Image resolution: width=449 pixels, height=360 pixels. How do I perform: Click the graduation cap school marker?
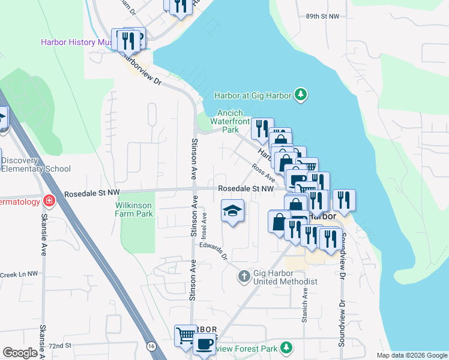point(233,211)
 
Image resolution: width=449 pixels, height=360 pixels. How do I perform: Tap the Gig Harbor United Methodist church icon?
point(243,277)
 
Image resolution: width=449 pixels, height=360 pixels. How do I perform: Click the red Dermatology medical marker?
point(49,201)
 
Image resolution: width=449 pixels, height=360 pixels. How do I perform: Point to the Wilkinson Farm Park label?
point(134,209)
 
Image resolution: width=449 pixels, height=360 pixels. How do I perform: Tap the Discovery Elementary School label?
point(35,164)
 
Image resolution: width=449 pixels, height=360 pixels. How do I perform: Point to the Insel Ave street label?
point(204,223)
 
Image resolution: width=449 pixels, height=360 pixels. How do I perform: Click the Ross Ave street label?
point(264,174)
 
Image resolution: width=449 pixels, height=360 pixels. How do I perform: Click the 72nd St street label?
point(60,346)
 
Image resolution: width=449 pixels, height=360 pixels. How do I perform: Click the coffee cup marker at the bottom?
point(203,345)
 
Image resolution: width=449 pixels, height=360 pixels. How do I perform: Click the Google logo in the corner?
point(20,353)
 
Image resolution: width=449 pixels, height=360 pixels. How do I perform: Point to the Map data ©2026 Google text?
point(411,355)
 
